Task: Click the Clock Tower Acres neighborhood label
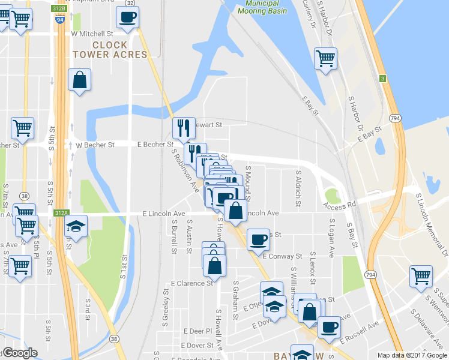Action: click(110, 50)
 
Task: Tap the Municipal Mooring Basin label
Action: click(262, 7)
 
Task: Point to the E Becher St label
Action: click(155, 145)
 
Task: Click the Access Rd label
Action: click(339, 205)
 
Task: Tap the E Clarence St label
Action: click(191, 283)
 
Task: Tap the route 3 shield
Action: click(382, 79)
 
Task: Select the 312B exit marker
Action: click(59, 9)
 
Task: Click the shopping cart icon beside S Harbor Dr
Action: click(325, 58)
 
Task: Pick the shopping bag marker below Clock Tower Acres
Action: click(79, 80)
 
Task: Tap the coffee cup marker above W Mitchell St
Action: click(128, 17)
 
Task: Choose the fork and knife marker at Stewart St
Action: click(184, 127)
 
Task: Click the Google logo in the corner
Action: click(19, 353)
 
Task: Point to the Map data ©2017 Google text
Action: click(412, 355)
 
